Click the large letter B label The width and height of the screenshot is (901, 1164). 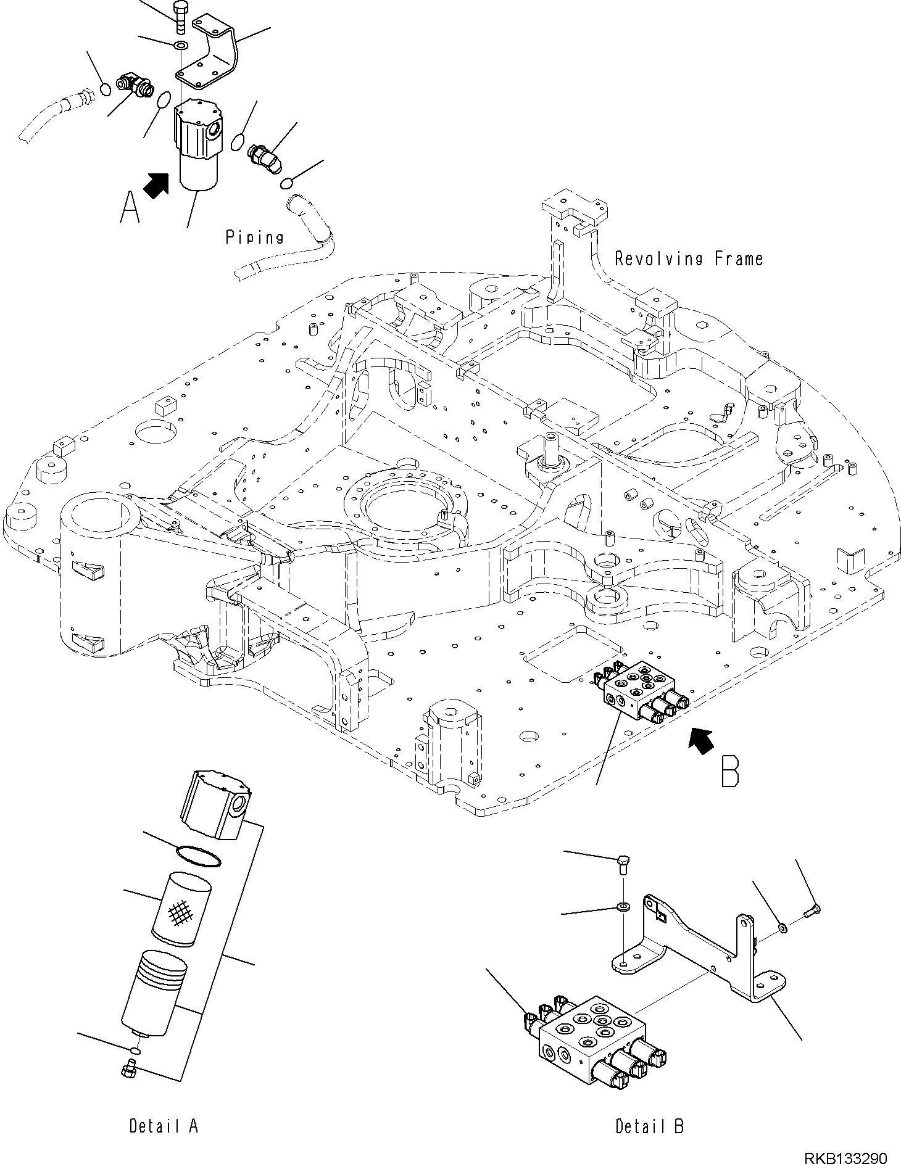730,769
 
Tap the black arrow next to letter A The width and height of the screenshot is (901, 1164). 157,184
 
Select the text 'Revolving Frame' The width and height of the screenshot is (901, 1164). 689,258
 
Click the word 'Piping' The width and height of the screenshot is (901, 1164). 254,237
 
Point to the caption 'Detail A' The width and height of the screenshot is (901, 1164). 164,1126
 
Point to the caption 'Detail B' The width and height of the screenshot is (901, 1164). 649,1126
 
